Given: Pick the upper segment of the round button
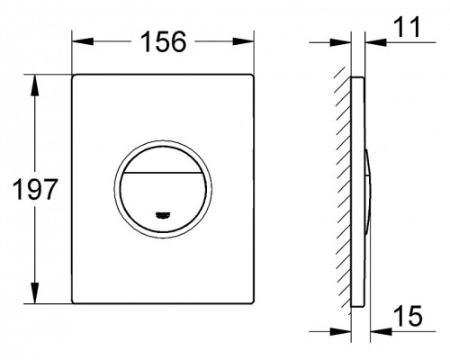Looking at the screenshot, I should [x=164, y=153].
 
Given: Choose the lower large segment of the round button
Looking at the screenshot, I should [x=164, y=194].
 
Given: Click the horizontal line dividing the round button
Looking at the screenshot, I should [x=164, y=170].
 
